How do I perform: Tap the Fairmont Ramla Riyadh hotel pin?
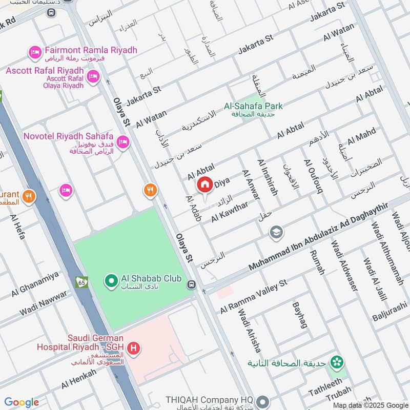point(35,52)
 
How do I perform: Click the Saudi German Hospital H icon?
point(134,349)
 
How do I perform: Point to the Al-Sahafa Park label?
point(253,107)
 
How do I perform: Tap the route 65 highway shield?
point(81,282)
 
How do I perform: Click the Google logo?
point(22,402)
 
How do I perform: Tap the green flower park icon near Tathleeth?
point(337,363)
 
